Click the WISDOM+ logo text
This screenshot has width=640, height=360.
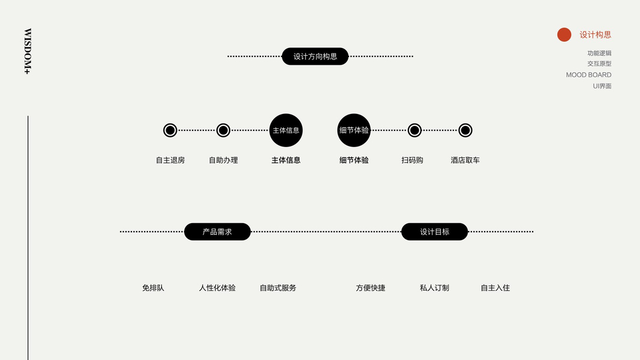tap(28, 51)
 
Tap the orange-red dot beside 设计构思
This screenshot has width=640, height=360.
tap(564, 35)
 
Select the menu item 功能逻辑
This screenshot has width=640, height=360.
tap(599, 53)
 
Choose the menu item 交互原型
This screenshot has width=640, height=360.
tap(599, 64)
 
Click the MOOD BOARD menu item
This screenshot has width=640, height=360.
tap(588, 75)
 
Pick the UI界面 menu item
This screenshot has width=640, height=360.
tap(602, 86)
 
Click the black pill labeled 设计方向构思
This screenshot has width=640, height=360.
tap(315, 56)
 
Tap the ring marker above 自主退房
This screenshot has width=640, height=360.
tap(170, 130)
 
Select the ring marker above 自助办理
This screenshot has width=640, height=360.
tap(223, 130)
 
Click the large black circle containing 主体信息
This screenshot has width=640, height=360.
tap(286, 130)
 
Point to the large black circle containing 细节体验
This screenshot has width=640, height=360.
tap(354, 130)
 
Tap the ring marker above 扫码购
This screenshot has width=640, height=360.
tap(414, 130)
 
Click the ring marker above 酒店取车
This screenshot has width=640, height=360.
tap(465, 130)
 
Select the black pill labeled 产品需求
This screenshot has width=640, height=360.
tap(217, 232)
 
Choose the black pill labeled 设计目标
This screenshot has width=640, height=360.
tap(434, 232)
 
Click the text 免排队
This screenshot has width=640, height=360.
tap(153, 288)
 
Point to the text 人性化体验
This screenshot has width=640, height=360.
tap(217, 288)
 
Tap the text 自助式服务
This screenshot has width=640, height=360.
tap(278, 288)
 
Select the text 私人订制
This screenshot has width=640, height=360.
tap(434, 288)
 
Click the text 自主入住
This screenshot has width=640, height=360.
tap(495, 288)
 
